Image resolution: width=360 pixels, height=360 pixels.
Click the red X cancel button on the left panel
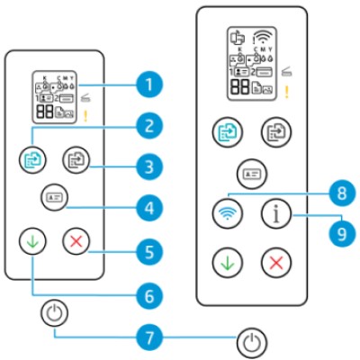coord(74,241)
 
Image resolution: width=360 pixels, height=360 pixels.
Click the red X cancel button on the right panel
coord(274,262)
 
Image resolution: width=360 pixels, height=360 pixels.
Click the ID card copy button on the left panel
coord(52,196)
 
